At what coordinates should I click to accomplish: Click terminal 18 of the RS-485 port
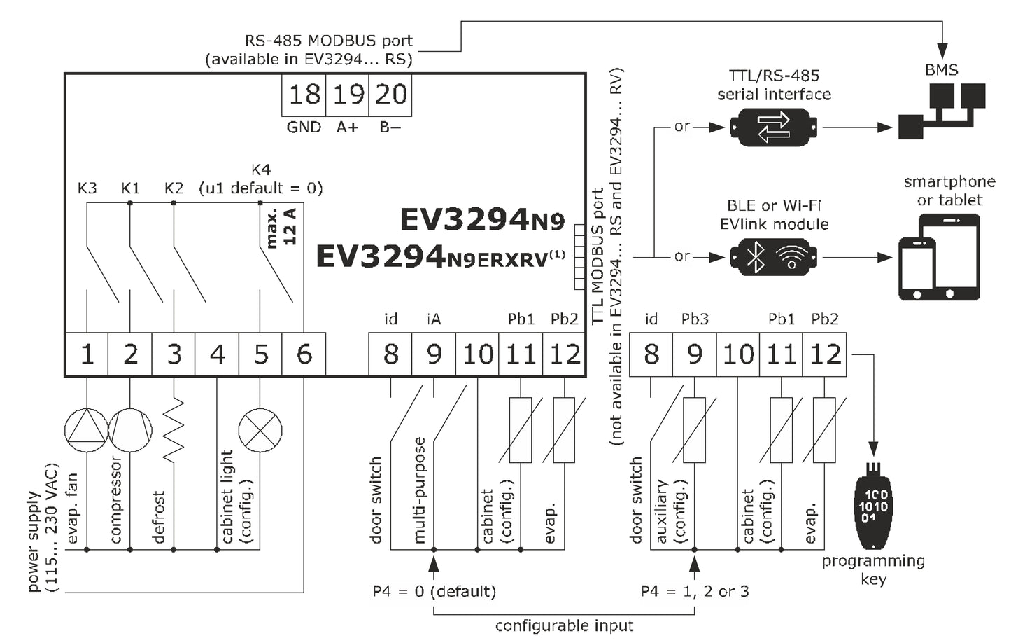point(304,94)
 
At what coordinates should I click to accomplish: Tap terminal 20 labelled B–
point(390,94)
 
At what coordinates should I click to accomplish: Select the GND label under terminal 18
point(304,127)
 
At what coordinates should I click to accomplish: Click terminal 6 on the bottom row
point(304,354)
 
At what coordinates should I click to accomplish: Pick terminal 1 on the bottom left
point(87,354)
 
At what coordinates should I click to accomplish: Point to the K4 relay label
point(261,170)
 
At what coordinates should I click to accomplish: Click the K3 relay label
point(87,188)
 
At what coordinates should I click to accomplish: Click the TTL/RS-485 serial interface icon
point(774,127)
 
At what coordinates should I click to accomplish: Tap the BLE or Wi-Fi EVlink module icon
point(774,258)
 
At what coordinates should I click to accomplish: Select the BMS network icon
point(942,109)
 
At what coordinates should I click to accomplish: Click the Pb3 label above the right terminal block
point(695,319)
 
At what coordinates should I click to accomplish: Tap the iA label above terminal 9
point(434,319)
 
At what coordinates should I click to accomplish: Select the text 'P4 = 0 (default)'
point(434,592)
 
